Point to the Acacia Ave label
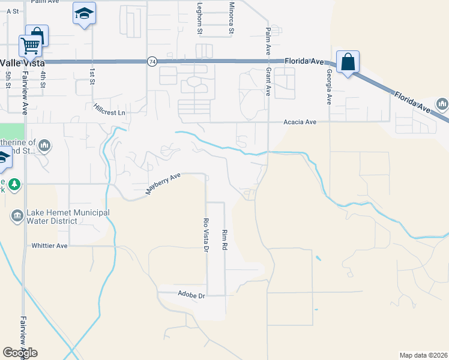pos(300,122)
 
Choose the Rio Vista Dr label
pos(206,235)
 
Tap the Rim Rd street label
pos(224,239)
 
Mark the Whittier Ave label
pos(50,245)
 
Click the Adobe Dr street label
pos(191,294)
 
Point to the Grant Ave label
pos(268,82)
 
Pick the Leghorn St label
pos(200,18)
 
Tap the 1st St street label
pos(92,76)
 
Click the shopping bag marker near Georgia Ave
pos(348,61)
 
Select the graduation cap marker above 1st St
pos(84,13)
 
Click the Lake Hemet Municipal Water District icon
pos(17,215)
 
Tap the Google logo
pos(20,353)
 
